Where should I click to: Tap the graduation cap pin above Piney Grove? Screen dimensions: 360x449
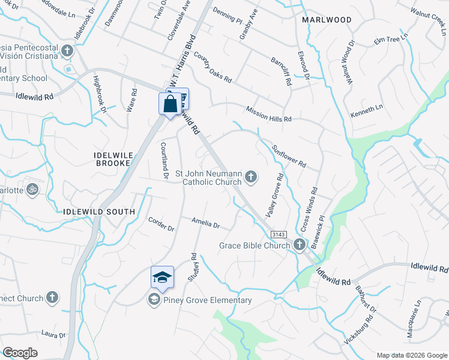pyautogui.click(x=162, y=277)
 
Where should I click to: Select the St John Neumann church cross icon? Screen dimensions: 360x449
pyautogui.click(x=251, y=176)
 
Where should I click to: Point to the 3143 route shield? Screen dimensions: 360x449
pyautogui.click(x=277, y=234)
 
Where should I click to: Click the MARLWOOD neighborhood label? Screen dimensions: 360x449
pyautogui.click(x=327, y=20)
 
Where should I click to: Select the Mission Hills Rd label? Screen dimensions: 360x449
pyautogui.click(x=268, y=114)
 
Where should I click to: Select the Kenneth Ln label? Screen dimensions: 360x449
pyautogui.click(x=366, y=110)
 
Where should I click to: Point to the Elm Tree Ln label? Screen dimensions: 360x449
pyautogui.click(x=390, y=39)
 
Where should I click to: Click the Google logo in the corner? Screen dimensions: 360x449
pyautogui.click(x=20, y=353)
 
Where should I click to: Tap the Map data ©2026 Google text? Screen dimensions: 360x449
pyautogui.click(x=412, y=355)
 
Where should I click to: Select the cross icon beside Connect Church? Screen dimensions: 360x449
pyautogui.click(x=53, y=298)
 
